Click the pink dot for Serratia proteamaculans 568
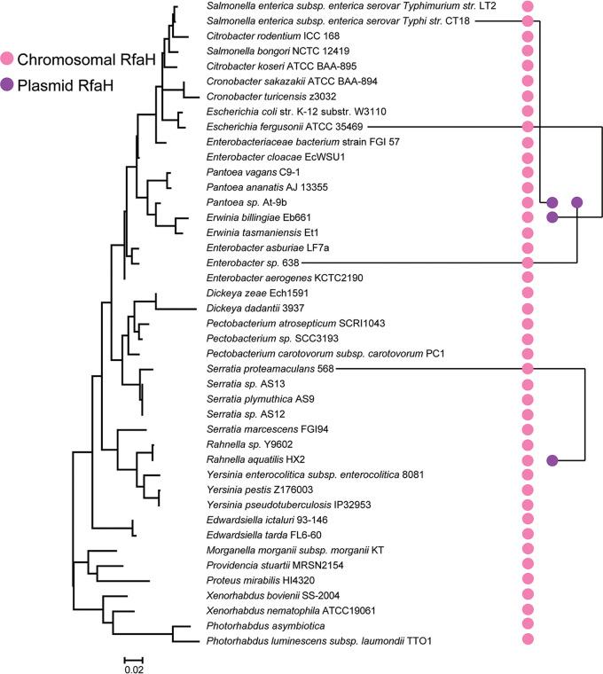click(x=528, y=369)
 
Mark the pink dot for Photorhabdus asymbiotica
click(x=528, y=625)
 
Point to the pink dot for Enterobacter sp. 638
click(x=528, y=263)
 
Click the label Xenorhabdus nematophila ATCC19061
click(x=281, y=610)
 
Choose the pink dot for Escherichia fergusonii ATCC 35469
click(x=528, y=127)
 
